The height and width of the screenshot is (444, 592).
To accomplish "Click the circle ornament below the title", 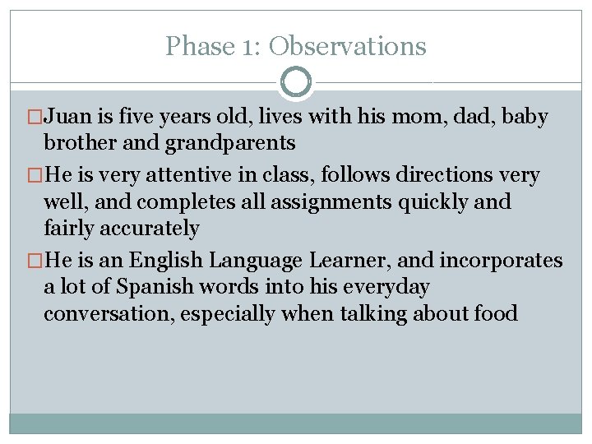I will point(296,82).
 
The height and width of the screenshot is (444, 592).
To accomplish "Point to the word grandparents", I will point(230,144).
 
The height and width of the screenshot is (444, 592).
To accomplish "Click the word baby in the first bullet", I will point(524,118).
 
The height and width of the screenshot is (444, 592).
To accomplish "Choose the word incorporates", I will point(502,261).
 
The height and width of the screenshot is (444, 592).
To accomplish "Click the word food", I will point(496,314).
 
